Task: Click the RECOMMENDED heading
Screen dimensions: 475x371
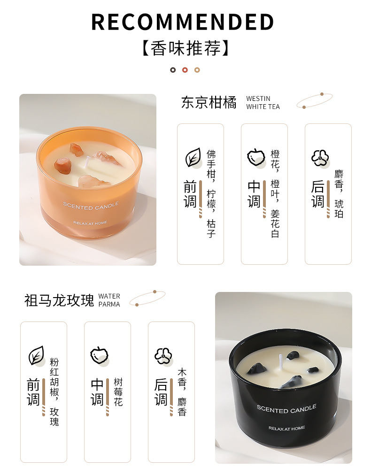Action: pos(183,22)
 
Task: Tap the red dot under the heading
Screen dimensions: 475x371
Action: pos(185,70)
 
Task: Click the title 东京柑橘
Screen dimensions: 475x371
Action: pos(209,102)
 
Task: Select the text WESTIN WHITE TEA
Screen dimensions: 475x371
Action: pos(263,103)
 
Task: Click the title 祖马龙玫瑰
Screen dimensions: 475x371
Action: pos(59,300)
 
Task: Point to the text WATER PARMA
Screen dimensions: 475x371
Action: pos(109,300)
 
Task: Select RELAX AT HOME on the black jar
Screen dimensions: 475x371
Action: pos(286,428)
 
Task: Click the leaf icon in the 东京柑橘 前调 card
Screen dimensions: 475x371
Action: pos(193,157)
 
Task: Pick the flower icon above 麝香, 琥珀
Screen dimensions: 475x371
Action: pos(320,158)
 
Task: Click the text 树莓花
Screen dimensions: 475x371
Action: pos(118,392)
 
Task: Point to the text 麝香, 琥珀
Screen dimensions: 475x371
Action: pos(339,194)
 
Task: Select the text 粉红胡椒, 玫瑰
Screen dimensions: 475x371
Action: pos(54,392)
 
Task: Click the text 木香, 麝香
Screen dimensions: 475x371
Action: pos(182,392)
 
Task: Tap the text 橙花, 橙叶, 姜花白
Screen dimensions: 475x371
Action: pos(275,194)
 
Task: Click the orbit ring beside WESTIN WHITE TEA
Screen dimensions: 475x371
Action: pos(315,100)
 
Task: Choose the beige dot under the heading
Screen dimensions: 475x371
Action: pos(197,70)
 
